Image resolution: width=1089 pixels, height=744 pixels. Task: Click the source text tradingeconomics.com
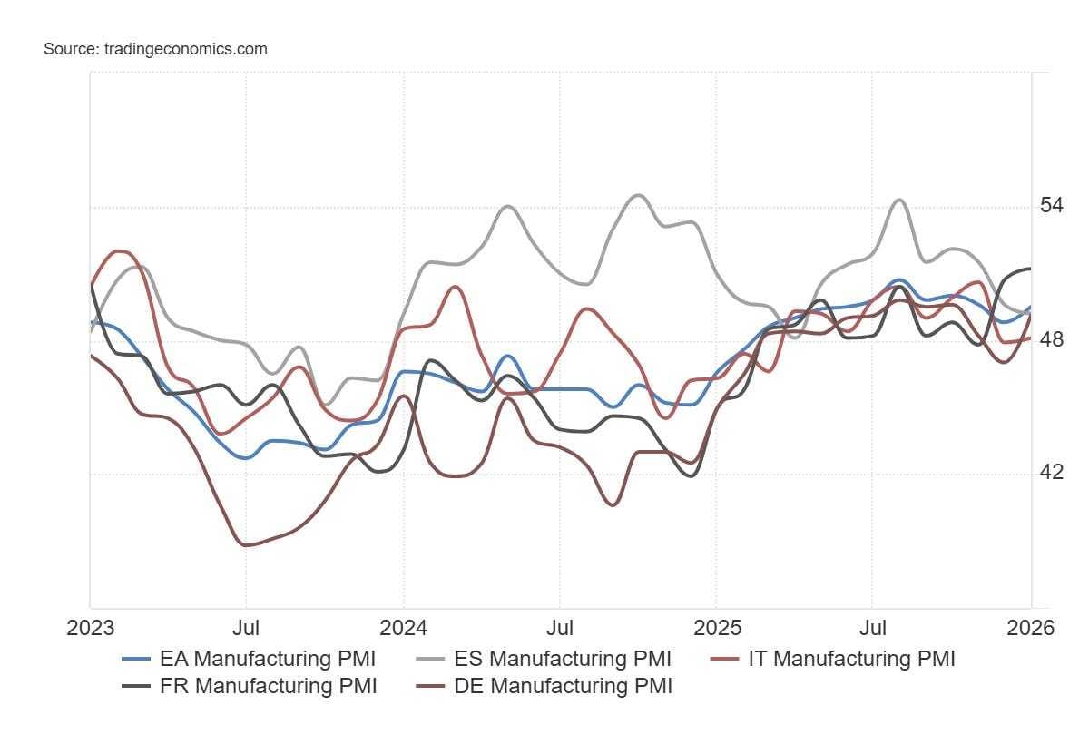(155, 49)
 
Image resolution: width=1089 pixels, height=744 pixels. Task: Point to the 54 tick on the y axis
(1051, 206)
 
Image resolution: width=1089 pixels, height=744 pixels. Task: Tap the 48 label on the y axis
(1051, 339)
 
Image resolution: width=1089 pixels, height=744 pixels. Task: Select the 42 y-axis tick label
(1051, 473)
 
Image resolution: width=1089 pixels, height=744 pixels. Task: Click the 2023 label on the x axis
(90, 628)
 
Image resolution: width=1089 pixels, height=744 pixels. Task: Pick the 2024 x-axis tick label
(403, 628)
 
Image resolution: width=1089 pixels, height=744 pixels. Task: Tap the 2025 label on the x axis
(716, 628)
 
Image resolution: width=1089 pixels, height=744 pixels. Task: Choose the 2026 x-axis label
(1030, 628)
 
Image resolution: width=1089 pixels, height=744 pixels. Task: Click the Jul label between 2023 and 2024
(246, 628)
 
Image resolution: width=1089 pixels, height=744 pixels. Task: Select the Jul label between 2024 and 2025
(559, 628)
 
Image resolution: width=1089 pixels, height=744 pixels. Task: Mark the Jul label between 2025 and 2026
(873, 628)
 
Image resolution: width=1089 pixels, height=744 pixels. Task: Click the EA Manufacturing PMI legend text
(267, 659)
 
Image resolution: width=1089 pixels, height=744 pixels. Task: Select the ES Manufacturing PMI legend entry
(563, 659)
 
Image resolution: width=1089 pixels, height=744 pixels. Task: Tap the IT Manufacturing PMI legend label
(851, 659)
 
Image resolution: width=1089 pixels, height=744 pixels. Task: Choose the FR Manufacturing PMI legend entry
(268, 686)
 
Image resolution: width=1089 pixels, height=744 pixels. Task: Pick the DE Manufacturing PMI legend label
(563, 686)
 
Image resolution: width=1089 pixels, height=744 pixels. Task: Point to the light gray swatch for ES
(430, 659)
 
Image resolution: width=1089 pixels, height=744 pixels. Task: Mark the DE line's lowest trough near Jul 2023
(246, 544)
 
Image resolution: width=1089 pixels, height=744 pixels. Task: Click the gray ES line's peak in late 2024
(638, 195)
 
